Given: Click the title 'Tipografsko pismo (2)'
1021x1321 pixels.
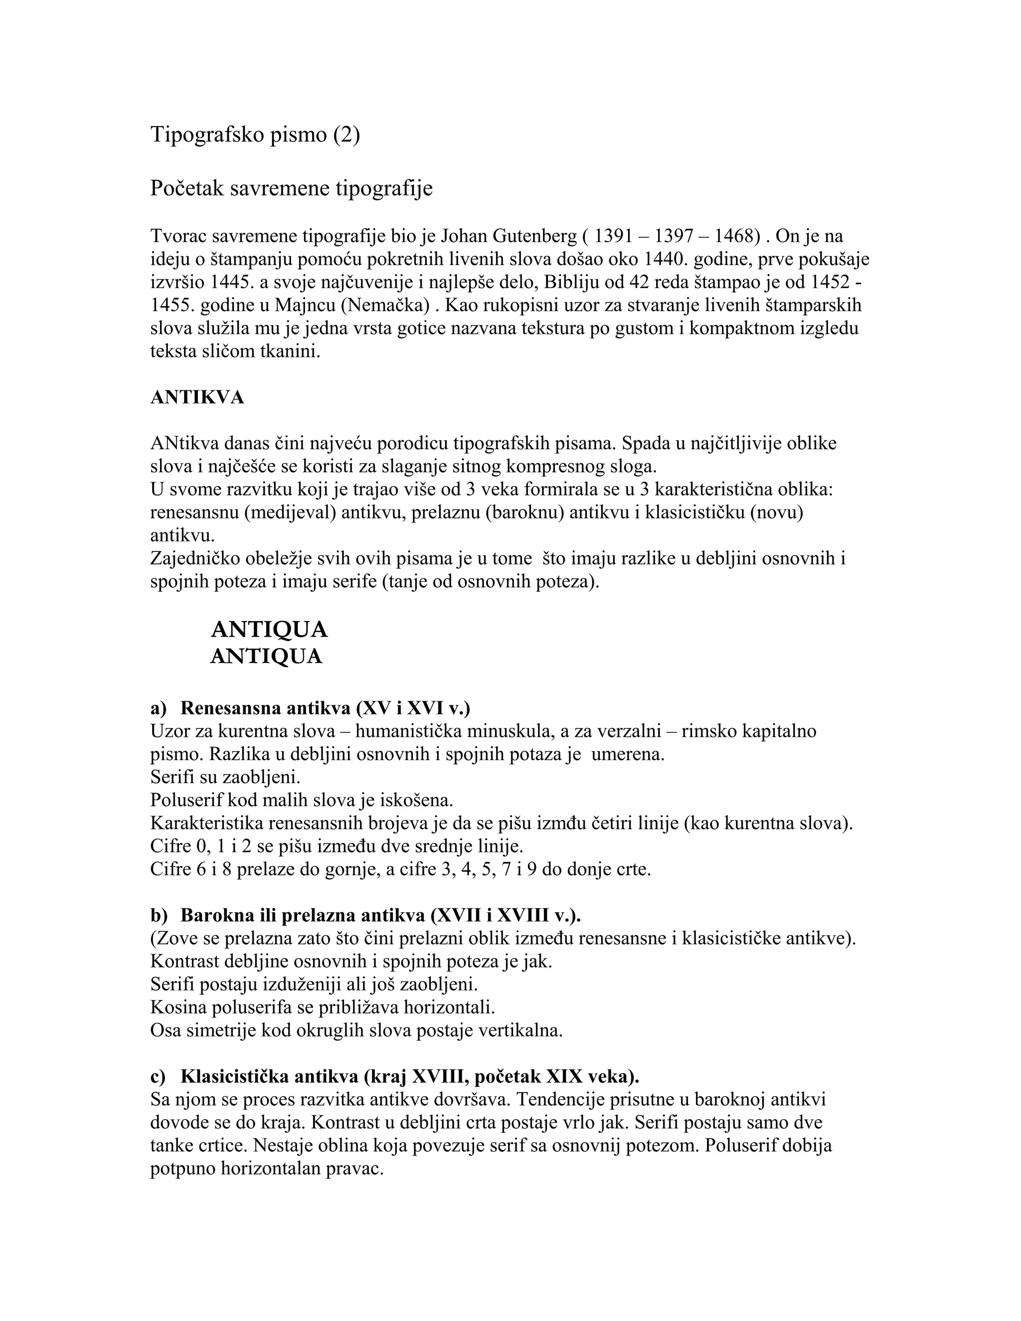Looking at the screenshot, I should point(255,134).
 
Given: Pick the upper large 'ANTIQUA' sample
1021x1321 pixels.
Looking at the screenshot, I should point(269,630).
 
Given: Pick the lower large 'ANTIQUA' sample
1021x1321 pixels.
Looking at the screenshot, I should point(266,657).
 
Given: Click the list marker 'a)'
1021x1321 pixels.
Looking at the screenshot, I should point(158,708).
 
